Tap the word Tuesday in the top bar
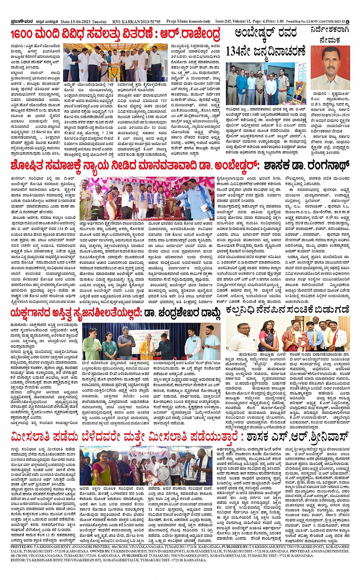pyautogui.click(x=100, y=22)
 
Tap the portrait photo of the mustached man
pyautogui.click(x=330, y=67)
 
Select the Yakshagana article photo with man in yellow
pyautogui.click(x=151, y=341)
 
